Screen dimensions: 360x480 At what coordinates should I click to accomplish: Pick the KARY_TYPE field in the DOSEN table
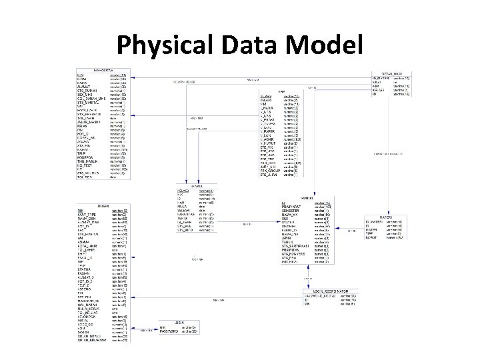pyautogui.click(x=87, y=214)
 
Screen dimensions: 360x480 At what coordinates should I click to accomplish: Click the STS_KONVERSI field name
pyautogui.click(x=294, y=253)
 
